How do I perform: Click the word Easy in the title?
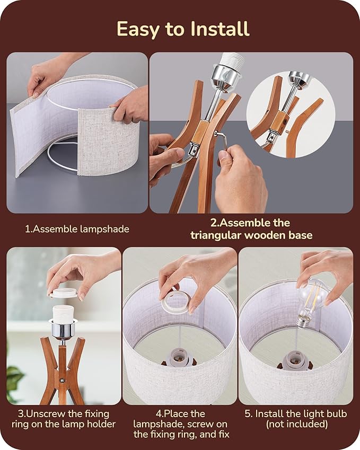138,30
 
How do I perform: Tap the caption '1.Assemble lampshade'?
77,229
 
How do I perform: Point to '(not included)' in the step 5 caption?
296,424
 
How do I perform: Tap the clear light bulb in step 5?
311,302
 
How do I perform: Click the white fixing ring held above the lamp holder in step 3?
64,293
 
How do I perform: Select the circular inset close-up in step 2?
291,114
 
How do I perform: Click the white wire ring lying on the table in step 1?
62,154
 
